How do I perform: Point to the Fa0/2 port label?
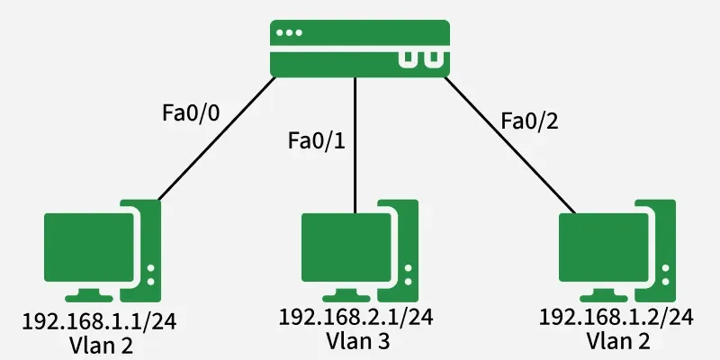(528, 121)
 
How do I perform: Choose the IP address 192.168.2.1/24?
(356, 317)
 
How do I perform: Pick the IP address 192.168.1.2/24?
(616, 317)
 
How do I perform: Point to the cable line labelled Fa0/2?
(504, 144)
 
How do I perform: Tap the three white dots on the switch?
(290, 32)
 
